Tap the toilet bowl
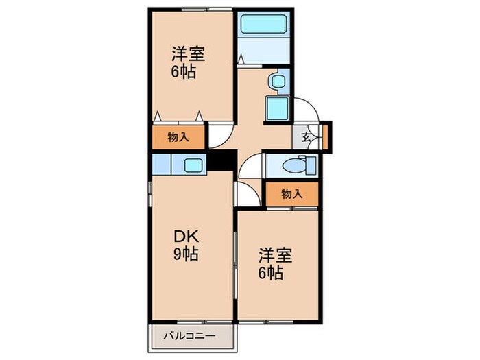pyautogui.click(x=296, y=165)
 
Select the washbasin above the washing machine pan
pyautogui.click(x=278, y=82)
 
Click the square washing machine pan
pyautogui.click(x=277, y=109)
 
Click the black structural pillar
pyautogui.click(x=220, y=161)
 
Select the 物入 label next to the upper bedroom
pyautogui.click(x=178, y=137)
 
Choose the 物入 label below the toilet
pyautogui.click(x=292, y=194)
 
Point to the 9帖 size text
pyautogui.click(x=185, y=255)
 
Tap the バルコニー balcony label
pyautogui.click(x=191, y=336)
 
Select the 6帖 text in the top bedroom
pyautogui.click(x=184, y=72)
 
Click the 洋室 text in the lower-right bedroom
pyautogui.click(x=276, y=256)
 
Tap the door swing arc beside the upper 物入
pyautogui.click(x=219, y=136)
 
